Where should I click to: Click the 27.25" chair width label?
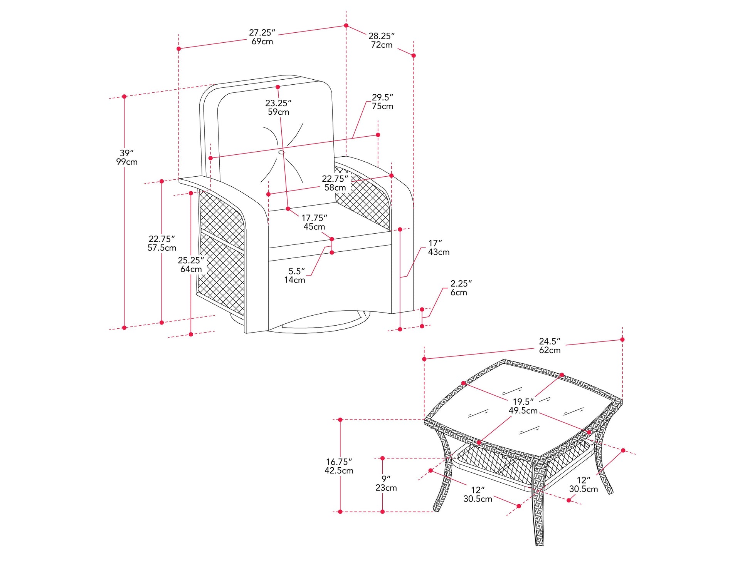262,37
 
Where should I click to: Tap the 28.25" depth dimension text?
382,40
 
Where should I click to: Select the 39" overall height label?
127,157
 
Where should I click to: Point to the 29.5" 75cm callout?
382,102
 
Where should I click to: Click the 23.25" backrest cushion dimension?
278,107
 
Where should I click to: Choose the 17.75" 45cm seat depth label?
314,222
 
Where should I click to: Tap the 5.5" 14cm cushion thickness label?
295,275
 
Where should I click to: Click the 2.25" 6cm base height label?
461,288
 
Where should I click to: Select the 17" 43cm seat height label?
439,248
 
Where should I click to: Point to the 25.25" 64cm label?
191,264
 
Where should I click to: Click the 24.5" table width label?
550,346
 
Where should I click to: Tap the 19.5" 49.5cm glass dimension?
523,406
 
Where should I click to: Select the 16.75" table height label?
339,466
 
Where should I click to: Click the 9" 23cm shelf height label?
386,483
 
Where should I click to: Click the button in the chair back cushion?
281,152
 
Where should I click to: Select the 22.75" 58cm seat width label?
335,183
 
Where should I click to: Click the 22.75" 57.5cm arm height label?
162,243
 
